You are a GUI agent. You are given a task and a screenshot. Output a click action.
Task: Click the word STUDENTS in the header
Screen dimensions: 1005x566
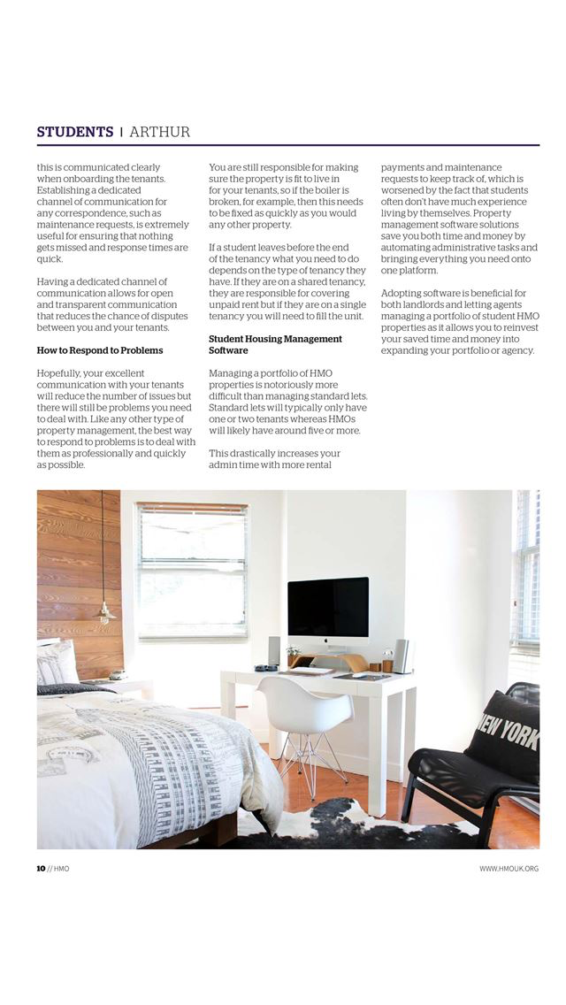(x=74, y=132)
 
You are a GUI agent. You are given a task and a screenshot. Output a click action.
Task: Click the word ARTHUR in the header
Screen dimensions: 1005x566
(x=159, y=132)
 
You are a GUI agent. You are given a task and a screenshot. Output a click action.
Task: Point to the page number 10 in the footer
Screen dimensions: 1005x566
(x=41, y=869)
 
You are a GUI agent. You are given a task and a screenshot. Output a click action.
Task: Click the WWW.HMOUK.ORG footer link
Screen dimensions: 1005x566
(x=509, y=869)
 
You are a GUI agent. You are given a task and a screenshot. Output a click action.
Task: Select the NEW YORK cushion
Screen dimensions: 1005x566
(x=505, y=733)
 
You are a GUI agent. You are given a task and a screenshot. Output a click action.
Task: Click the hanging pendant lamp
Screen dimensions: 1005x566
(x=104, y=610)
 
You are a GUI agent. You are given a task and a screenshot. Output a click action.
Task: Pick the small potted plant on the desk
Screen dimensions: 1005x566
(x=294, y=655)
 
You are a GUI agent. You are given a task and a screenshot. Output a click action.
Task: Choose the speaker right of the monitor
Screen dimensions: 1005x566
(x=401, y=656)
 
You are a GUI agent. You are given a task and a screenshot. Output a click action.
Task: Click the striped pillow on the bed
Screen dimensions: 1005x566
(x=57, y=664)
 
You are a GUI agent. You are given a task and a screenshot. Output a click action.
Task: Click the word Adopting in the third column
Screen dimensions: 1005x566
(x=402, y=293)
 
